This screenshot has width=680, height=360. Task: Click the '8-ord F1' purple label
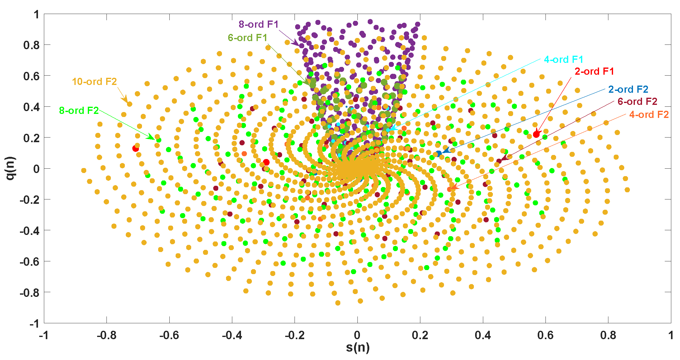coord(258,24)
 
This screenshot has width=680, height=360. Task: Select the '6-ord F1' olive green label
coord(248,38)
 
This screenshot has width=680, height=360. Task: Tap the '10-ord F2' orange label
coord(94,82)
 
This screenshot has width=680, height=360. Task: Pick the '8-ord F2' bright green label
coord(79,110)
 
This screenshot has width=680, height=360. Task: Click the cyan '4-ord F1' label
coord(563,59)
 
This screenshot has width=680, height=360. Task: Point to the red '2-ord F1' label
coord(594,72)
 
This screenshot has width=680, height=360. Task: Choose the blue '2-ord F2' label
coord(628,90)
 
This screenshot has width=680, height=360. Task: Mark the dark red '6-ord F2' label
coord(637,102)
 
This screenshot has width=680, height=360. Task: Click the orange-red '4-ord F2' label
coord(649,115)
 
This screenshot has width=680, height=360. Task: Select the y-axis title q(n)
coord(11,168)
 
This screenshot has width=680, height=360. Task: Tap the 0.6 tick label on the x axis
coord(545,335)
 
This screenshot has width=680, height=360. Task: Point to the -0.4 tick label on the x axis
coord(232,335)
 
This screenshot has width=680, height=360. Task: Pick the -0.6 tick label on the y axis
coord(30,262)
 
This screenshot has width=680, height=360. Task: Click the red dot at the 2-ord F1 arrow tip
coord(536,134)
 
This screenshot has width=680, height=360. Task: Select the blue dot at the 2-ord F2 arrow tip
coord(439,153)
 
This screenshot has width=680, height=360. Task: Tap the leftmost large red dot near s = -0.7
coord(135,149)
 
